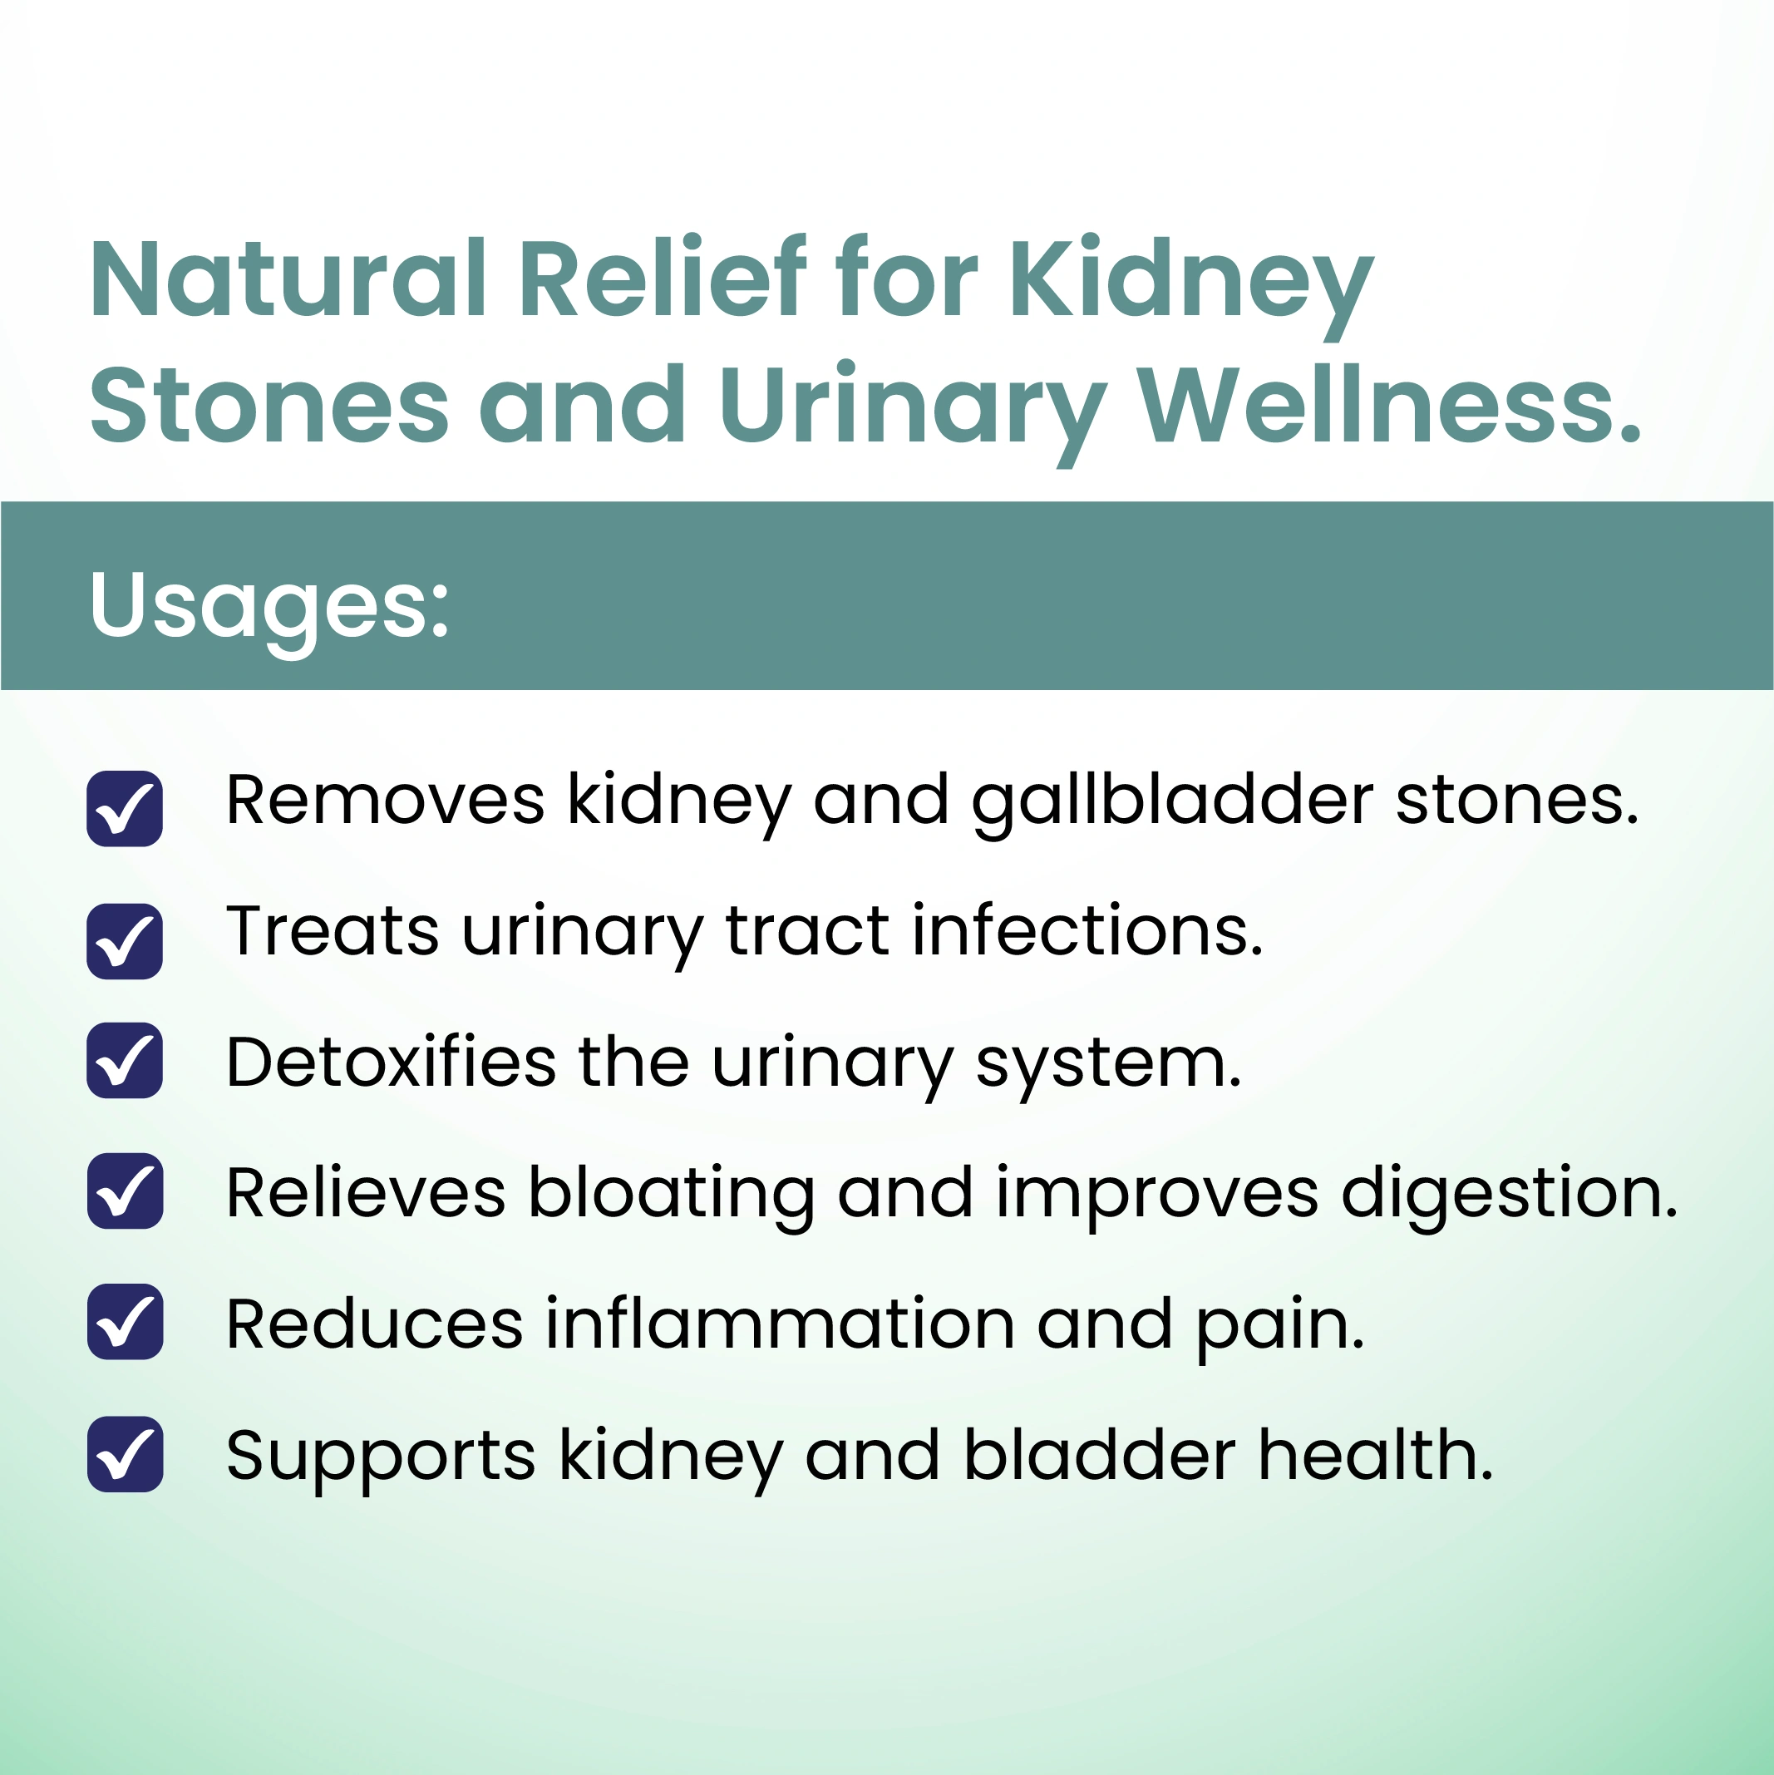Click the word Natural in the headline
tap(288, 279)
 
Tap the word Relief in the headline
tap(663, 278)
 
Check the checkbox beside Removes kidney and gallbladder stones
tap(125, 808)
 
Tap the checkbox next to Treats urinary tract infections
tap(125, 941)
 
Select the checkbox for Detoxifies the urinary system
tap(125, 1060)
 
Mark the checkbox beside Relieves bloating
tap(125, 1191)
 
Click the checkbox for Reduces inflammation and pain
tap(125, 1321)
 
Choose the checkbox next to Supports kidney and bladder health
tap(125, 1453)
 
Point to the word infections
tap(1087, 930)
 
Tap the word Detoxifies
tap(392, 1061)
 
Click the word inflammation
tap(780, 1323)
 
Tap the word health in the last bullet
tap(1375, 1454)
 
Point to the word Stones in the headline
tap(269, 405)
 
